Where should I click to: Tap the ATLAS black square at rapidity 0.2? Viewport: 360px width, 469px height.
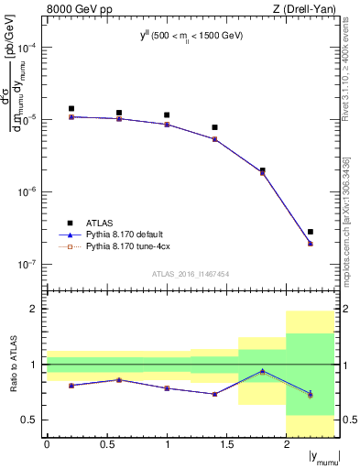coord(71,108)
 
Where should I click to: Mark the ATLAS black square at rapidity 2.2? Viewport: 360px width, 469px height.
coord(311,232)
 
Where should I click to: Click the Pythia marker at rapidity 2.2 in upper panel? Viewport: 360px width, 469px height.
coord(311,244)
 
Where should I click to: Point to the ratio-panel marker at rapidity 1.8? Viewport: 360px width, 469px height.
coord(263,371)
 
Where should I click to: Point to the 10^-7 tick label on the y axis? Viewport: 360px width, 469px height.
coord(28,264)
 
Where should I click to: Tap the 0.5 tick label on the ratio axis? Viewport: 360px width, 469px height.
coord(32,420)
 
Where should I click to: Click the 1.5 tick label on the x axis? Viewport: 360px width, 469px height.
coord(226,445)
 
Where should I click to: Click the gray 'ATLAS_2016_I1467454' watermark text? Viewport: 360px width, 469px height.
coord(191,274)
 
